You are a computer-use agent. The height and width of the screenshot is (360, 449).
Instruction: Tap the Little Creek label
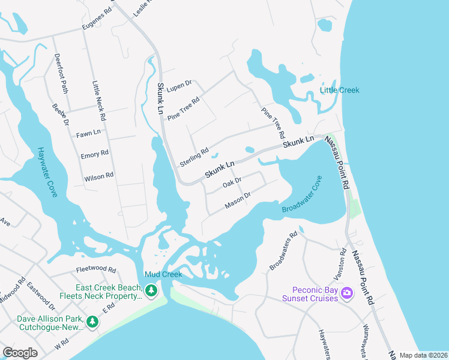click(339, 90)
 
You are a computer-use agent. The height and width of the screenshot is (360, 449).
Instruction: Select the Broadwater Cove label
click(303, 195)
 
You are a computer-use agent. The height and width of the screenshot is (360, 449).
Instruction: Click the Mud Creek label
click(163, 274)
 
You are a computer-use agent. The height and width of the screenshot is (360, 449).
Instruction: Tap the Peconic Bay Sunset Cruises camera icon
click(346, 293)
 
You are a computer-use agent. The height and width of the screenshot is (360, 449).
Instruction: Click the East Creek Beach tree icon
click(151, 291)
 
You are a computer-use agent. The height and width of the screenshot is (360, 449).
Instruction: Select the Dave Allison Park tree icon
click(92, 322)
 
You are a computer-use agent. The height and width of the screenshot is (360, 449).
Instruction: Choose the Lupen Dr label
click(179, 86)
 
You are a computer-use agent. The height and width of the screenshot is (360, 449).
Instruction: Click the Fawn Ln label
click(88, 133)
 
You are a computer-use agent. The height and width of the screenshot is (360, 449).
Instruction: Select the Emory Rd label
click(94, 154)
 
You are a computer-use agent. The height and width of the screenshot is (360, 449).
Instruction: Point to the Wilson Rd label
click(98, 176)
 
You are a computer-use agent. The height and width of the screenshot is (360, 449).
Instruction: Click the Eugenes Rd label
click(97, 21)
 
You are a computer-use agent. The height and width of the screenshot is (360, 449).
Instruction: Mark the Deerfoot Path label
click(62, 73)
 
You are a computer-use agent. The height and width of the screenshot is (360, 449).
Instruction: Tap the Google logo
click(20, 353)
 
